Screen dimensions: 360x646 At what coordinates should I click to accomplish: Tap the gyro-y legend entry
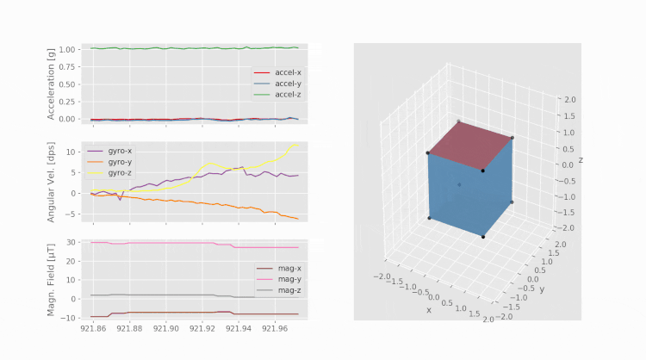tap(119, 161)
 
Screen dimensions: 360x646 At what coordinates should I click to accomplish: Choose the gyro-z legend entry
tap(119, 171)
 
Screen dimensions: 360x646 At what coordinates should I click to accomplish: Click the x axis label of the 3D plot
tap(428, 309)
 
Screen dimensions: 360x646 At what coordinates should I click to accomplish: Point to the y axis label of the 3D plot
tap(541, 289)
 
